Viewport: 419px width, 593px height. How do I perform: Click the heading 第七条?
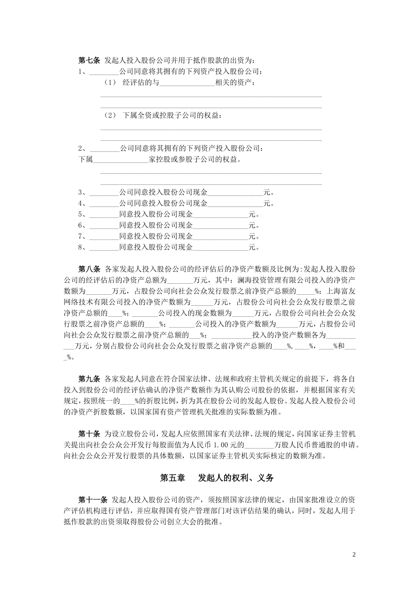point(90,60)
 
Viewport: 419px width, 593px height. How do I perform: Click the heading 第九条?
point(90,379)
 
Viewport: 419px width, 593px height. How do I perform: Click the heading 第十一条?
point(93,500)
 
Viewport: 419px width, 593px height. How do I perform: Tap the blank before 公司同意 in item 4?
point(104,204)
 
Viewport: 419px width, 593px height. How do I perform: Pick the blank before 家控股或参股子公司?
point(121,160)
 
